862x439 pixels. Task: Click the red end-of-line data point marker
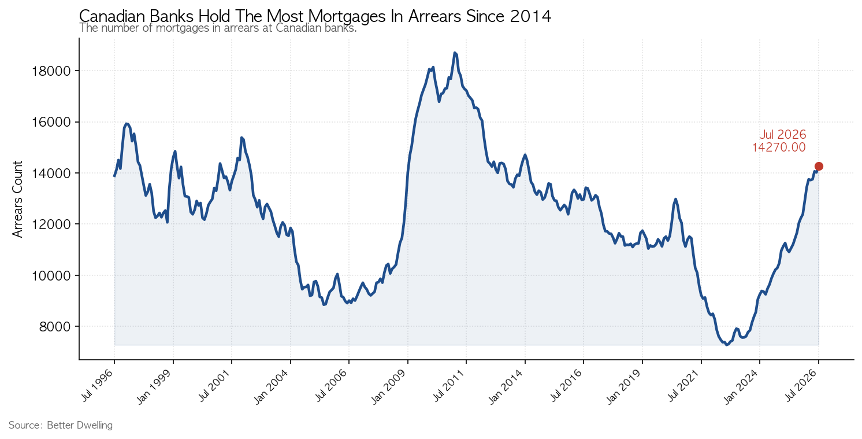(x=819, y=167)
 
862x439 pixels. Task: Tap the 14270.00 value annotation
(x=779, y=147)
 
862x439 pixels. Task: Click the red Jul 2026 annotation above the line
(x=783, y=135)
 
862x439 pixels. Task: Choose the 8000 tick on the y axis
(x=55, y=327)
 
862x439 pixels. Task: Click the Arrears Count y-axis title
(x=18, y=199)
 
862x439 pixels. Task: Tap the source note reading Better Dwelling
(x=80, y=426)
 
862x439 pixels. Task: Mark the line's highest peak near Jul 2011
(x=455, y=53)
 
